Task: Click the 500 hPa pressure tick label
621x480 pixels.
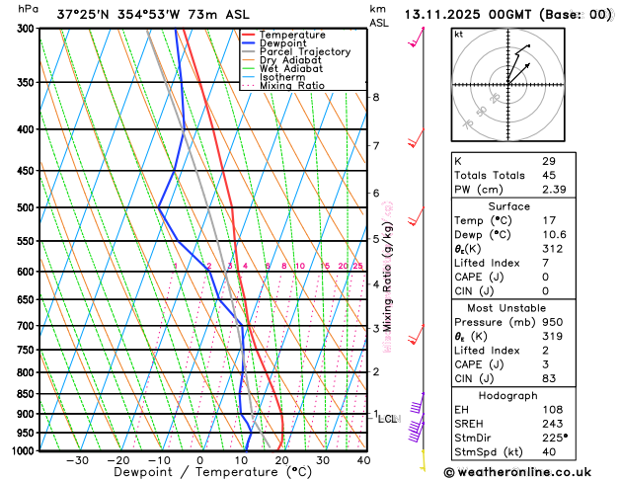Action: click(26, 207)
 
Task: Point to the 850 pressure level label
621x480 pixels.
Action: click(26, 394)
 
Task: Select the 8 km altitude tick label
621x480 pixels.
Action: click(376, 97)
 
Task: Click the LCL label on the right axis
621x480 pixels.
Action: click(388, 419)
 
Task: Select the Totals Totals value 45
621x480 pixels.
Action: click(549, 175)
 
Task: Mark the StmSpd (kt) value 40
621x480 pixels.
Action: click(549, 453)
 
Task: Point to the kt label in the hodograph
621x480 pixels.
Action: click(458, 34)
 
